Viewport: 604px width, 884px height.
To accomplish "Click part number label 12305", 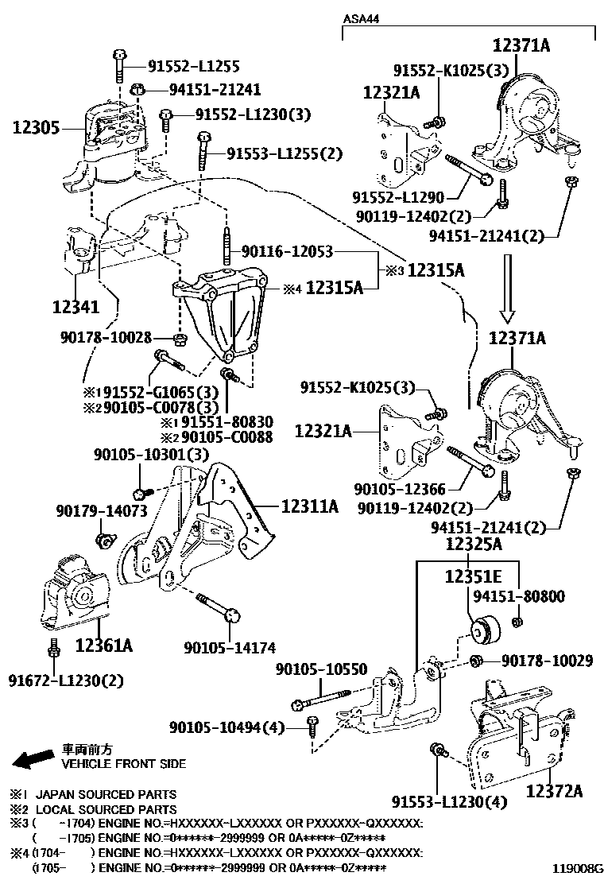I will click(37, 126).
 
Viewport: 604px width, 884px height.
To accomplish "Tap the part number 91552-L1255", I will click(194, 68).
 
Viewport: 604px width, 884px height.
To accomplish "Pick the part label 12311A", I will click(309, 505).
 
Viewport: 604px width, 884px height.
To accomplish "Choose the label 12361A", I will click(103, 646).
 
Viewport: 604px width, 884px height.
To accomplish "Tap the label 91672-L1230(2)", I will click(67, 680).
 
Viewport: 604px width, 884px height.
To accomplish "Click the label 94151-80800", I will click(519, 595).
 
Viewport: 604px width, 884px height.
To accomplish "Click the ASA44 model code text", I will click(360, 17).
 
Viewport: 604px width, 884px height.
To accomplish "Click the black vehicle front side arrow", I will click(33, 759).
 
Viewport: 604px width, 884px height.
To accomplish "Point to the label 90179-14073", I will click(102, 510).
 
